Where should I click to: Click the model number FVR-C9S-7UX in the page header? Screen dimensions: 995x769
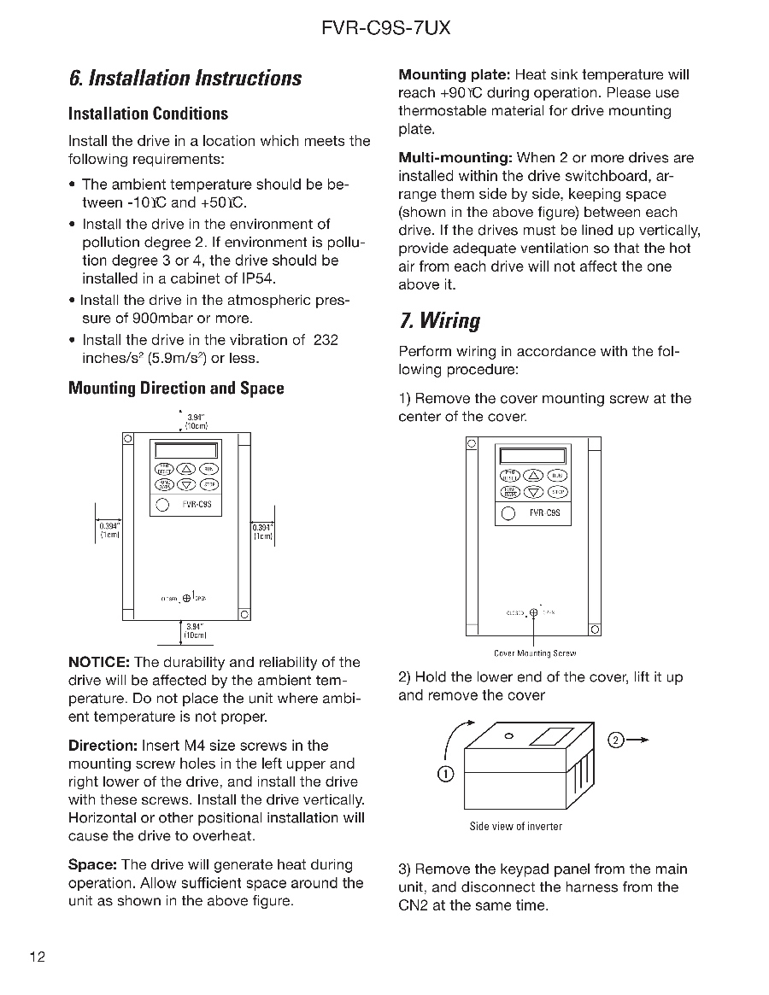click(385, 28)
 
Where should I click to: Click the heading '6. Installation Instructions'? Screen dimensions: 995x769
click(185, 79)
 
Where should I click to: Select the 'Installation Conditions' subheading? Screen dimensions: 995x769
click(148, 114)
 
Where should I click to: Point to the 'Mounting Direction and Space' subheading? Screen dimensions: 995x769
click(176, 389)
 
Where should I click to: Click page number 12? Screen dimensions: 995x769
click(37, 957)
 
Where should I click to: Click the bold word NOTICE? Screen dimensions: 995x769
click(98, 663)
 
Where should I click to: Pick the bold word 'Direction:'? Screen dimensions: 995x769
click(103, 746)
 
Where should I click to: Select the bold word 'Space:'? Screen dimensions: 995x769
click(92, 865)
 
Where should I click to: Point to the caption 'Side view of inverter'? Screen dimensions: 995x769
click(516, 827)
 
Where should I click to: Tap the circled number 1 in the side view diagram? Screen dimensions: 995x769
click(445, 774)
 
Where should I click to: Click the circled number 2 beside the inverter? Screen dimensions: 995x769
click(616, 739)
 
